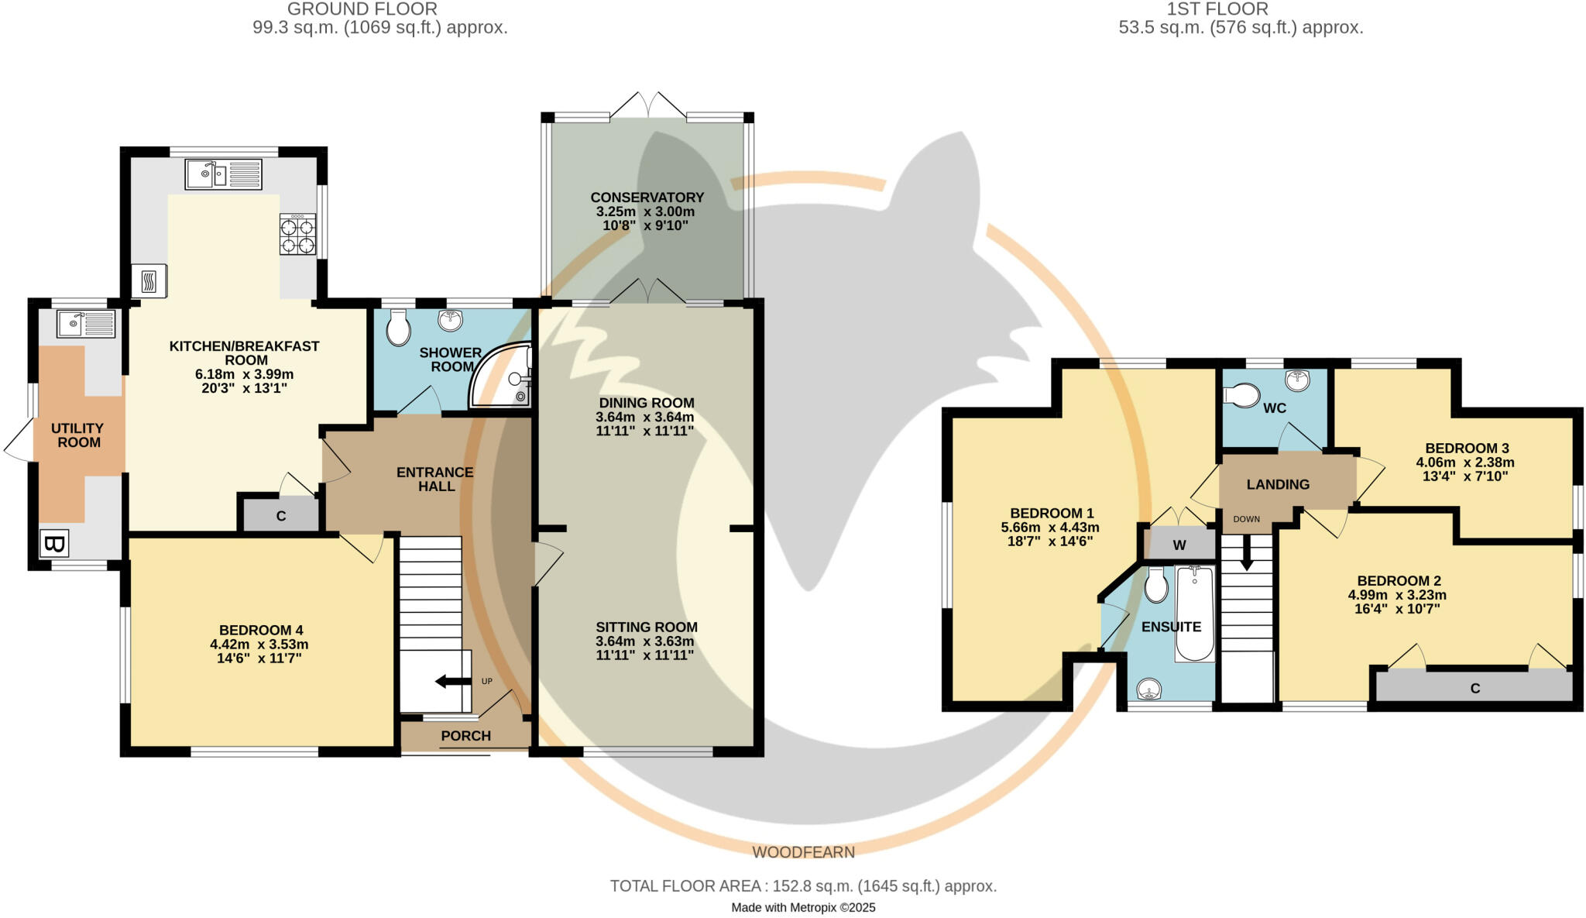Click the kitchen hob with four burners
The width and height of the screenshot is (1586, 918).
[x=297, y=235]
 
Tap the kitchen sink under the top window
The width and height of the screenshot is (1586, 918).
[x=223, y=174]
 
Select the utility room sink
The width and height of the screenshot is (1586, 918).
[x=86, y=324]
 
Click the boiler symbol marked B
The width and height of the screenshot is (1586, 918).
[x=53, y=544]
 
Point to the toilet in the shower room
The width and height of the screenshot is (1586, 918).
[x=398, y=328]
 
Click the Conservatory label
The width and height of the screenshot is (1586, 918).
[x=647, y=198]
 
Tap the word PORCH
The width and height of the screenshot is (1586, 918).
[x=465, y=736]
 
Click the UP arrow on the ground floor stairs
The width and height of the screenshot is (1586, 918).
[x=453, y=682]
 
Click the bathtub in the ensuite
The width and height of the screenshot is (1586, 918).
[x=1195, y=614]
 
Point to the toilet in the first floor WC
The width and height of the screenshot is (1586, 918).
[x=1242, y=397]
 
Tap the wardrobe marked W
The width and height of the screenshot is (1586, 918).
[x=1179, y=545]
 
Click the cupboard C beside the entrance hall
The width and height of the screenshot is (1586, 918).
[x=280, y=515]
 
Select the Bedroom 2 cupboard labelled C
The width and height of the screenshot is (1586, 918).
[x=1474, y=688]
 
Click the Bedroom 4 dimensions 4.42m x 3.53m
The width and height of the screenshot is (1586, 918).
[x=259, y=645]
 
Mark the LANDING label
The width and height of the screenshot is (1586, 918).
[x=1278, y=485]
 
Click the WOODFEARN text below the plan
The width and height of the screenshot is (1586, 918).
[x=804, y=852]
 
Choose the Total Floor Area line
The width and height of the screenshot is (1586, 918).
[x=804, y=886]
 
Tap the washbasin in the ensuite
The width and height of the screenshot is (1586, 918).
[x=1149, y=688]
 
